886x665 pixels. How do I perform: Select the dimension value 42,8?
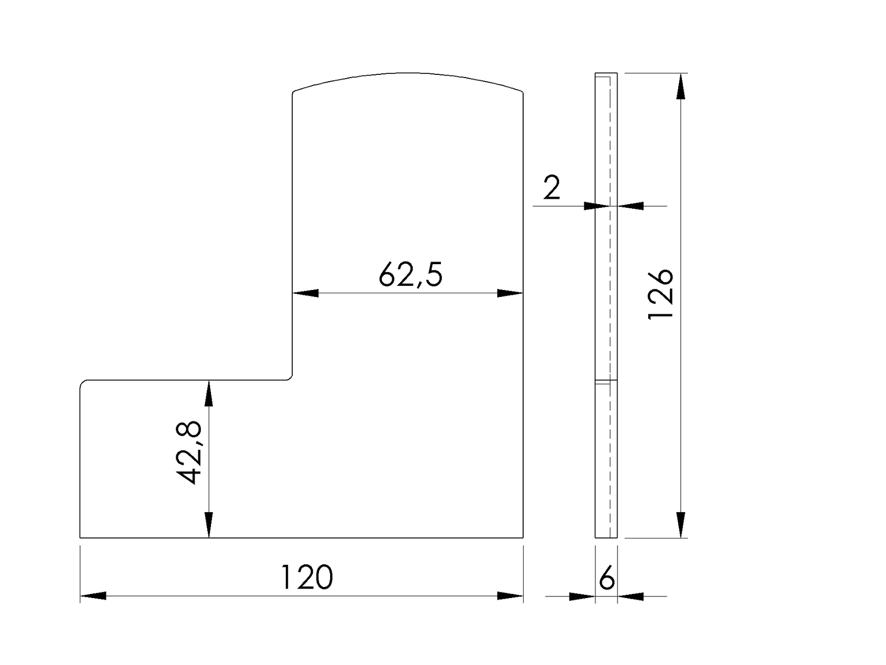(x=188, y=452)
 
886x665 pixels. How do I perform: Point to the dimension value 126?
(x=660, y=294)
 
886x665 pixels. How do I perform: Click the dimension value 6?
(x=607, y=579)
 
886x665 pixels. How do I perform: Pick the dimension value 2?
(x=551, y=188)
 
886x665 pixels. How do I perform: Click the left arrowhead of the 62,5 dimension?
(x=306, y=293)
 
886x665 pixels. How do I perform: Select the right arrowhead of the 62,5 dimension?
(x=510, y=293)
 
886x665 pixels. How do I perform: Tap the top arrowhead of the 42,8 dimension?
(x=209, y=393)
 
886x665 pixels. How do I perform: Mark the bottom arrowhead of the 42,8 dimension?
(x=209, y=525)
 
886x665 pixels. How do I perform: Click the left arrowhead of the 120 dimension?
(x=93, y=596)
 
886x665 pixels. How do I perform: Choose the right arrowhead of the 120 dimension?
(x=510, y=596)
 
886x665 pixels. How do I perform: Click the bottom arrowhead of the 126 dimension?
(x=681, y=525)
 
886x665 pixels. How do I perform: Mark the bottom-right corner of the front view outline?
(x=523, y=537)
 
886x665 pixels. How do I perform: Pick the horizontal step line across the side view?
(x=606, y=380)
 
